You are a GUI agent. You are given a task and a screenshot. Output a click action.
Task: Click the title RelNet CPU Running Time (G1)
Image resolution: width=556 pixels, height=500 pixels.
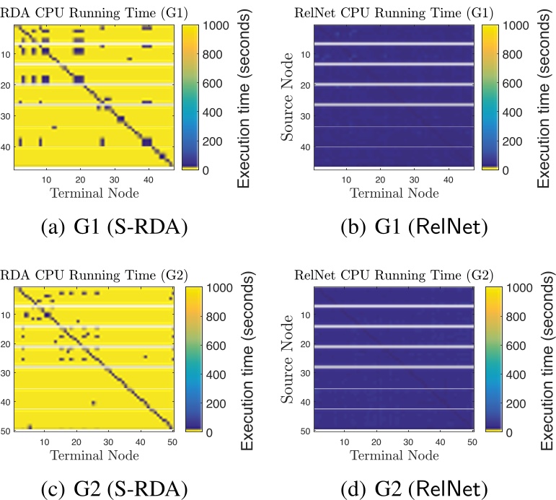pos(394,12)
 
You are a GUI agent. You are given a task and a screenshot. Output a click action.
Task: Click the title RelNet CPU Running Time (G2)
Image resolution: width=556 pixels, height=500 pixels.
pos(394,274)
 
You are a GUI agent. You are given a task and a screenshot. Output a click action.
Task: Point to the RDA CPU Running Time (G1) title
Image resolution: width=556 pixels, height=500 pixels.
pos(79,12)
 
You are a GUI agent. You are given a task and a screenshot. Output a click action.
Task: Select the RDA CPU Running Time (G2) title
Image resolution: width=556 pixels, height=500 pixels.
pos(79,274)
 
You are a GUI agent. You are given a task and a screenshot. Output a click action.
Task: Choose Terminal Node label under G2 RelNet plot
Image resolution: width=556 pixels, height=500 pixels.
pos(394,455)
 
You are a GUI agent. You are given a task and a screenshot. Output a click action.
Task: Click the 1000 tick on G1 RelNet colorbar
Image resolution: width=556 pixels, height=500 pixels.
pos(514,25)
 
